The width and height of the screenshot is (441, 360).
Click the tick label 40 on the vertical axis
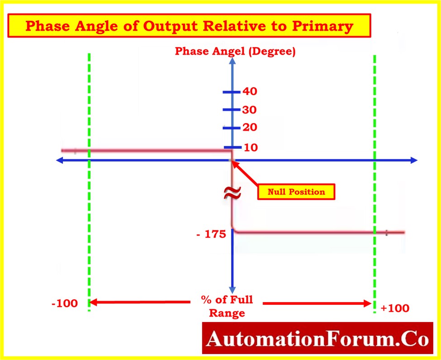250,91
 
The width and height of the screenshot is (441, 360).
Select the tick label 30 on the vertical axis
250,110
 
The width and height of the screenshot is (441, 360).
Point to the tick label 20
250,128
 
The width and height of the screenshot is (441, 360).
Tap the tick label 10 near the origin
251,147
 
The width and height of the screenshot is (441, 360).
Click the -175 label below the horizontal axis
211,234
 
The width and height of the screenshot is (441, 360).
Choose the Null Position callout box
296,192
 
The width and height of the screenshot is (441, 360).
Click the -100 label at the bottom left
65,303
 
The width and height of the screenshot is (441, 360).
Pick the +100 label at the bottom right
395,308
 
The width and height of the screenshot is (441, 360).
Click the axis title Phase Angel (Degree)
235,51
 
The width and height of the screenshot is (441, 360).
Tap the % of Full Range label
227,306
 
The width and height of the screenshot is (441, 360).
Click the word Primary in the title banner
322,26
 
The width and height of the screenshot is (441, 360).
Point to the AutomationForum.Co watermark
318,338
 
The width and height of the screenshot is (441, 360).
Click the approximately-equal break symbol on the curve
232,193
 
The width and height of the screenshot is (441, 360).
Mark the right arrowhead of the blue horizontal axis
414,160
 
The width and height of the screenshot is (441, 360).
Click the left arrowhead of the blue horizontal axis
60,160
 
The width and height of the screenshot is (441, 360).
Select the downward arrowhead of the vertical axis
232,290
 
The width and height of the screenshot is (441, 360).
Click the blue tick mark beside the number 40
232,92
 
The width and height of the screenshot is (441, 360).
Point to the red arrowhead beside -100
93,303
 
